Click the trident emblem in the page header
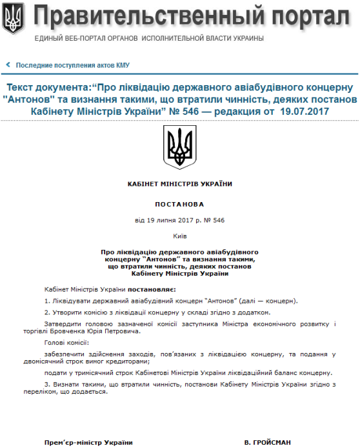point(14,19)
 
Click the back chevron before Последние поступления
point(8,65)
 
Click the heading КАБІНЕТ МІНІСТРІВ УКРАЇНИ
point(180,183)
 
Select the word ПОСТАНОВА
point(180,204)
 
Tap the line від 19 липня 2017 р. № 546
point(180,220)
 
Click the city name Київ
point(180,237)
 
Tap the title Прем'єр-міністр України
point(89,442)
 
